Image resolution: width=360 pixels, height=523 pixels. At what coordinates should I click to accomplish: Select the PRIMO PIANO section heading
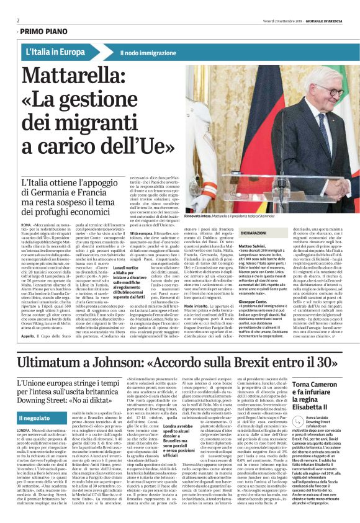[43, 30]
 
